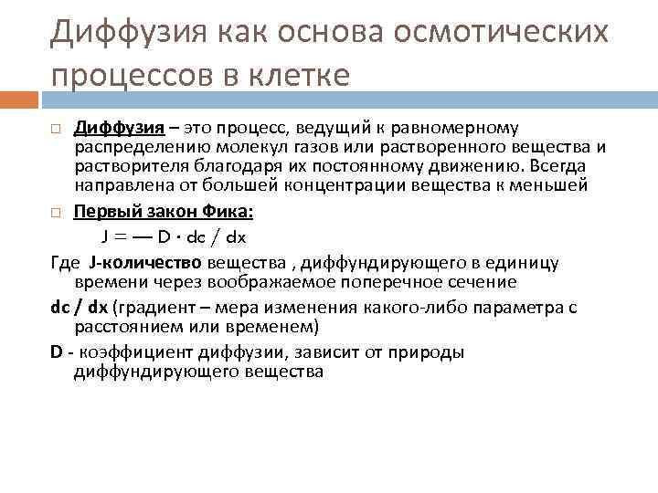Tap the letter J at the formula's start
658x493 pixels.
107,236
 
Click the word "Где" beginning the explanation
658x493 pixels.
66,263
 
